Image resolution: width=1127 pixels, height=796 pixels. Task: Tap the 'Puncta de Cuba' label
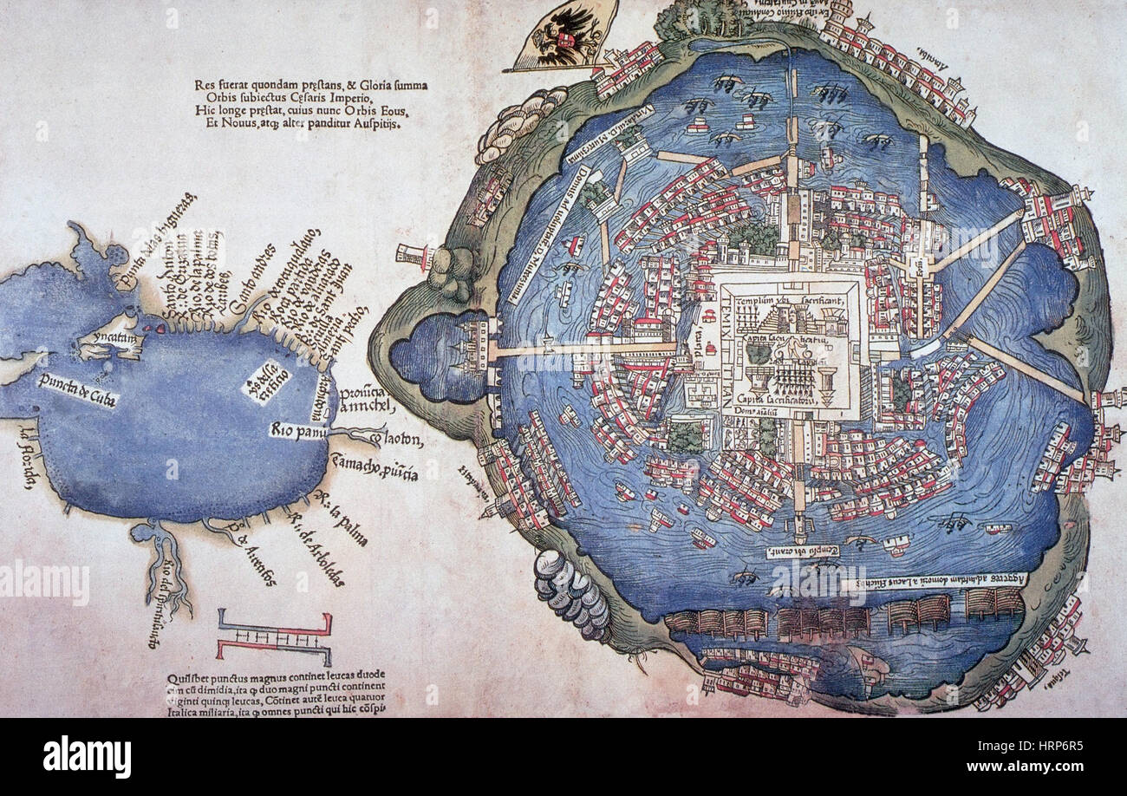tap(77, 391)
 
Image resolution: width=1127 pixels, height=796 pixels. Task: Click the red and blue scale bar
tap(274, 637)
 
